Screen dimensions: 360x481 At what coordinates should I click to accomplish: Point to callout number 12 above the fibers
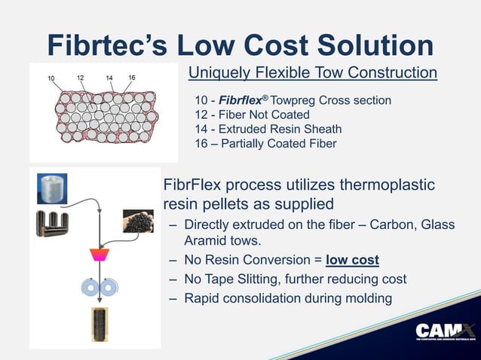pos(81,78)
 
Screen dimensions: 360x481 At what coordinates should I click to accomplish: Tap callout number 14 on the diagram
pos(109,78)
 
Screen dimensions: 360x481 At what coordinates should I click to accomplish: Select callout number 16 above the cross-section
pos(132,78)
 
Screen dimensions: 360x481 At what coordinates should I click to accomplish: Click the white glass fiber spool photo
pos(52,188)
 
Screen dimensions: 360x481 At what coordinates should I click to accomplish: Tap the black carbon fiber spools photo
pos(51,224)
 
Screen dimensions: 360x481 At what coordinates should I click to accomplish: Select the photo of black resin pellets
pos(137,220)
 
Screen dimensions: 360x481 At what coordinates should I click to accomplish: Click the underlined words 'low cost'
pos(352,261)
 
